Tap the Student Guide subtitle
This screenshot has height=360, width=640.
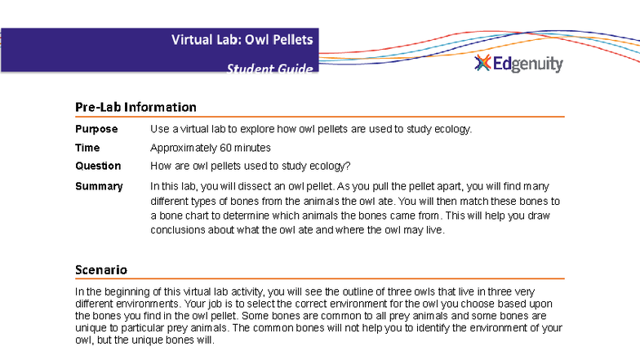[x=269, y=69]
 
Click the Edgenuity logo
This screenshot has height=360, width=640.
[x=519, y=64]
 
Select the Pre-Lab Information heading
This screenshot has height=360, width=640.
[x=136, y=107]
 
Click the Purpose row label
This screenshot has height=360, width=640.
[x=96, y=129]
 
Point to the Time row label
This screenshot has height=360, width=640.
[x=87, y=148]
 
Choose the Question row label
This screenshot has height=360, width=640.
[x=98, y=166]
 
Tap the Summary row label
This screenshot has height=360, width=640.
[x=99, y=186]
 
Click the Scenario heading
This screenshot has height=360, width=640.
[x=101, y=269]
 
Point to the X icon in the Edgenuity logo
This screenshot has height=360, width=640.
[x=482, y=64]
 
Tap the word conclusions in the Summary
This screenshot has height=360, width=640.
[x=176, y=229]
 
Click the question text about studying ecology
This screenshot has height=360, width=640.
[x=251, y=166]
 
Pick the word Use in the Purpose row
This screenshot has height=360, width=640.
[x=159, y=129]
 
